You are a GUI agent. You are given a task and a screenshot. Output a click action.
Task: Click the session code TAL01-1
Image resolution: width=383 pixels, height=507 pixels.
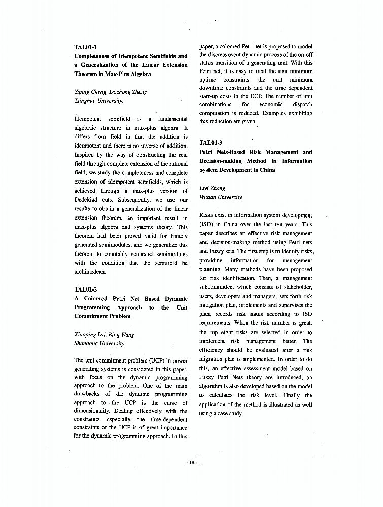85,47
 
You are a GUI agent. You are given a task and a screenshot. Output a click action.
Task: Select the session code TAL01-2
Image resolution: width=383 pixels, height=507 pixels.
85,289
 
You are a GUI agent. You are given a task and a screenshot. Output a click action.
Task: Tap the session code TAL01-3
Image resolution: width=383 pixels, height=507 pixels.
211,143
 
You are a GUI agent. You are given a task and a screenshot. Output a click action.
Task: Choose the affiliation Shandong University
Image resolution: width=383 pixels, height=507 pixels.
99,343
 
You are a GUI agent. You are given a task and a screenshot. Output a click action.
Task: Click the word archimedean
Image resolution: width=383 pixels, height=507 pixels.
90,272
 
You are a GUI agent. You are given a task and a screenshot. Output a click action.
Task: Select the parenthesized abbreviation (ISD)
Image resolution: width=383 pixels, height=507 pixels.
206,224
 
